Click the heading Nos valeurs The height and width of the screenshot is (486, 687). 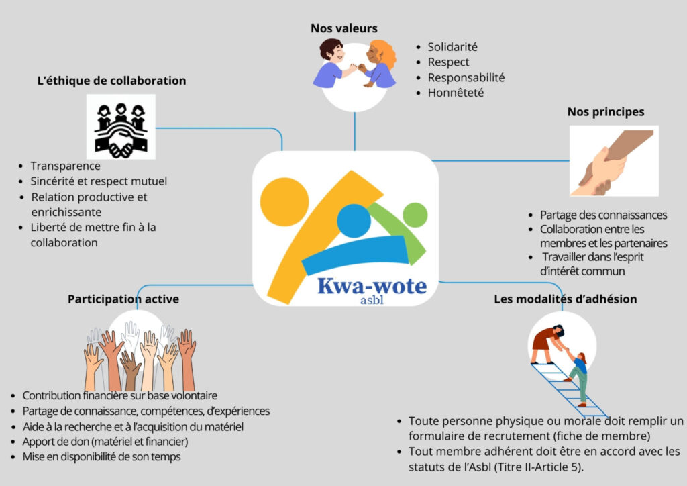[343, 28]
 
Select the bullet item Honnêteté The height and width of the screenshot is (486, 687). [456, 93]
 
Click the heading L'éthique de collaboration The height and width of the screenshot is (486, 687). [111, 81]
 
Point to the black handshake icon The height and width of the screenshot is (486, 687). [121, 127]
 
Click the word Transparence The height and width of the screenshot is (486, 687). [65, 166]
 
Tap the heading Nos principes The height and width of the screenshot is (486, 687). [605, 112]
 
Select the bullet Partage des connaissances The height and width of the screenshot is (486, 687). [603, 215]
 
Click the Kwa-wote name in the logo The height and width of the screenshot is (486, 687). [372, 287]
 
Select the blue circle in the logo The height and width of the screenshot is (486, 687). [354, 220]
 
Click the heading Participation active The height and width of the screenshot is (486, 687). [123, 299]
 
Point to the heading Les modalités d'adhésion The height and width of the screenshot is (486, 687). [565, 299]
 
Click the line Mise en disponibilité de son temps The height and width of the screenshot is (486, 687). [101, 457]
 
